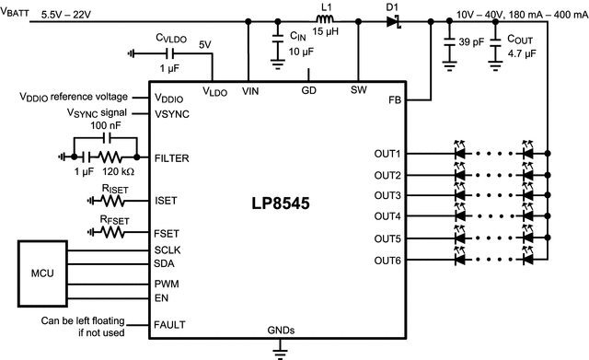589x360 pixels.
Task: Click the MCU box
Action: [42, 273]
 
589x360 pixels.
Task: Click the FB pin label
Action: [393, 99]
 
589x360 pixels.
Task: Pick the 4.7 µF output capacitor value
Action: [524, 54]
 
